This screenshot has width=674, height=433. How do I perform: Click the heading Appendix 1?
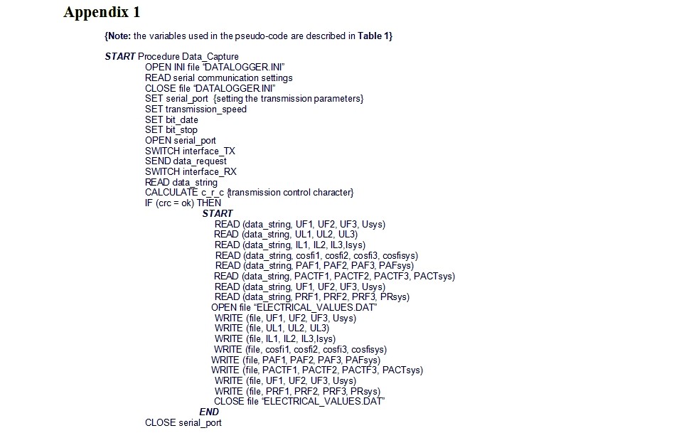tap(102, 13)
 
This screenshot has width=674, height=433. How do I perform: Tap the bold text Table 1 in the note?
tap(375, 36)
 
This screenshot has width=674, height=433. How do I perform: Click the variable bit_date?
tap(182, 120)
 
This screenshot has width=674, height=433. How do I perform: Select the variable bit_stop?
tap(181, 130)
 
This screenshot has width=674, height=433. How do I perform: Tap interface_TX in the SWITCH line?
tap(208, 151)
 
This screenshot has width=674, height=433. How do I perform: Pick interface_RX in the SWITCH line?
tap(209, 172)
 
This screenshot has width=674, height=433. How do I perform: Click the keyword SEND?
tap(158, 161)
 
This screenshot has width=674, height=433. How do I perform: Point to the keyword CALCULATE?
tap(171, 193)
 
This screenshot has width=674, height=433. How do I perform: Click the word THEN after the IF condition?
tap(209, 203)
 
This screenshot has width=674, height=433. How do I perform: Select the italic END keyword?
tap(209, 412)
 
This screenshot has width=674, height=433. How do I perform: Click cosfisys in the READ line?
tap(400, 256)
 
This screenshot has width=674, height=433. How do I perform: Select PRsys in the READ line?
tap(395, 297)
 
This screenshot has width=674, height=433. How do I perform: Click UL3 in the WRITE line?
tap(319, 328)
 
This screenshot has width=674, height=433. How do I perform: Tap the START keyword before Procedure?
tap(120, 57)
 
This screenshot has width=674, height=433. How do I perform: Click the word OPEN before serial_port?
tap(158, 141)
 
